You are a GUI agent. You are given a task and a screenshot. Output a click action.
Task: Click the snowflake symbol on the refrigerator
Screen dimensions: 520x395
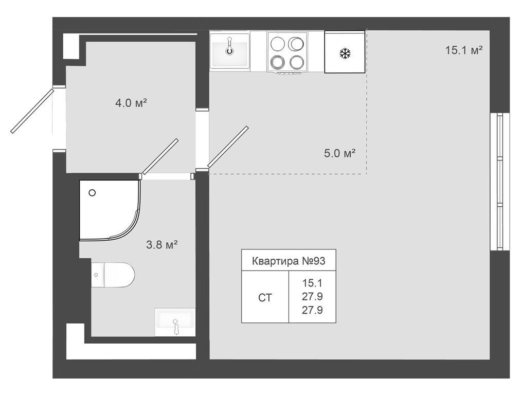[x=345, y=53]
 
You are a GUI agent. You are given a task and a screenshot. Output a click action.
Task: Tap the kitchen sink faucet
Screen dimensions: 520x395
[x=229, y=46]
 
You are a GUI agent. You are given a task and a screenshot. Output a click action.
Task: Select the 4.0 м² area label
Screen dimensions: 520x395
[x=131, y=103]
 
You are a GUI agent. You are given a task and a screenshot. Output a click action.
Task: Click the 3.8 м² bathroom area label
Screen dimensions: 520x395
[x=162, y=245]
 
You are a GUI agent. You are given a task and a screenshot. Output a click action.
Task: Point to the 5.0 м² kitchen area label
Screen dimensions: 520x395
[x=339, y=153]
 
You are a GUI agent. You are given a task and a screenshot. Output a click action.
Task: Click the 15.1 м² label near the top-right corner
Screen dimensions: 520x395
[x=463, y=50]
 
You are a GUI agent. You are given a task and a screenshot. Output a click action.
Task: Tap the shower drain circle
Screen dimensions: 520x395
[x=92, y=193]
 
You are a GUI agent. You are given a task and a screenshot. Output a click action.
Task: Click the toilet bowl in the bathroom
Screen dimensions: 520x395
[x=119, y=275]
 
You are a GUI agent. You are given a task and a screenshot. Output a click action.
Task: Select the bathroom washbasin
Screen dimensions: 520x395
[x=175, y=321]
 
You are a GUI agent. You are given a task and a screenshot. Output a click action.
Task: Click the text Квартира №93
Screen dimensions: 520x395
[x=289, y=261]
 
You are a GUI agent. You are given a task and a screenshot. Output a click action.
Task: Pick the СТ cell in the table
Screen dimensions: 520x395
[x=265, y=298]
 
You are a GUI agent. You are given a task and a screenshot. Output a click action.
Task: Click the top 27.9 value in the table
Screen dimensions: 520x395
[x=312, y=296]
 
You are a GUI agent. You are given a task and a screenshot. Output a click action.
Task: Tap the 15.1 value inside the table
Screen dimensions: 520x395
[x=312, y=283]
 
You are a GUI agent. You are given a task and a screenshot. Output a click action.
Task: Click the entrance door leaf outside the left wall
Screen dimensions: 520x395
[x=32, y=111]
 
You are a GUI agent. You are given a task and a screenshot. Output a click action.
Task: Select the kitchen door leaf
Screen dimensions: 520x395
[x=228, y=147]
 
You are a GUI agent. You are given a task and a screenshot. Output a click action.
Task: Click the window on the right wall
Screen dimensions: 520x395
[x=500, y=182]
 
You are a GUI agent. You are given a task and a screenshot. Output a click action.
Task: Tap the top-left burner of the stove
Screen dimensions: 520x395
[x=277, y=43]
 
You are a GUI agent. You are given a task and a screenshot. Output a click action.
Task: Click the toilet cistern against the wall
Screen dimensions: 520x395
[x=98, y=275]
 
